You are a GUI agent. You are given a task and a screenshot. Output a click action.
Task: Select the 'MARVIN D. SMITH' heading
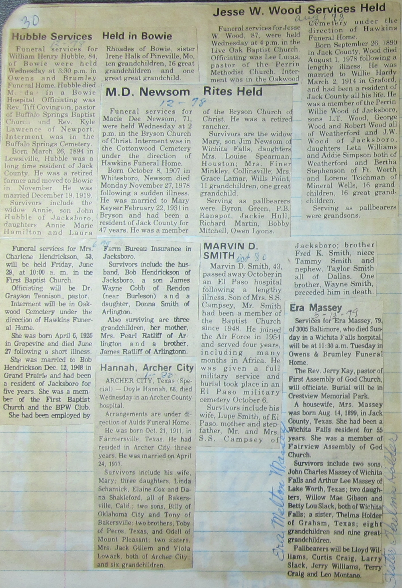tap(230, 251)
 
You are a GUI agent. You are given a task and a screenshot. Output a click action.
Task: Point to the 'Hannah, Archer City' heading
tap(147, 368)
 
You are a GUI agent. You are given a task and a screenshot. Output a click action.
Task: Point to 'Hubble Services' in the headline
tap(52, 36)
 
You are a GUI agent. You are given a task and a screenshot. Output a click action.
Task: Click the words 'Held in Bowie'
tap(137, 36)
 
